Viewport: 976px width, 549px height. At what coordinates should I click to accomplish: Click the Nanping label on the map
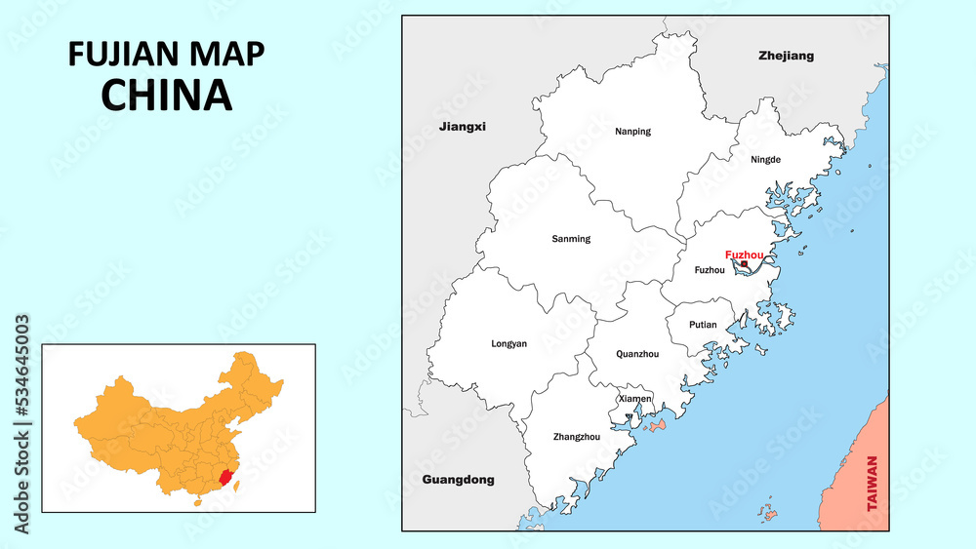pyautogui.click(x=632, y=131)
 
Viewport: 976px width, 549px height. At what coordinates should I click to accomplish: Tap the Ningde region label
pyautogui.click(x=766, y=159)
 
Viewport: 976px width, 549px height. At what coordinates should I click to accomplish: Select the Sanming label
pyautogui.click(x=571, y=239)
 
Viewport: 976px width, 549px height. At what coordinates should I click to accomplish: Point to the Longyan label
pyautogui.click(x=508, y=343)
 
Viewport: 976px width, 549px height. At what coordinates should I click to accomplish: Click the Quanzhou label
pyautogui.click(x=637, y=354)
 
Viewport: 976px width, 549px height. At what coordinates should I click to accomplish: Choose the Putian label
pyautogui.click(x=703, y=325)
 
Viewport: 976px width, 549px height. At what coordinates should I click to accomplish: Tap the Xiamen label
pyautogui.click(x=634, y=399)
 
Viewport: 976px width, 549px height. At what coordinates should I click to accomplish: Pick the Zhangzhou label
pyautogui.click(x=576, y=437)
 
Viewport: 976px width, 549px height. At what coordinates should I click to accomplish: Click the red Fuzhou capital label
pyautogui.click(x=745, y=255)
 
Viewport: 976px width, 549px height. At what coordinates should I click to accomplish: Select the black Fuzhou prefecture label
pyautogui.click(x=709, y=270)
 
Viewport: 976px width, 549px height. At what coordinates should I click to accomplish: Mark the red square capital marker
pyautogui.click(x=745, y=263)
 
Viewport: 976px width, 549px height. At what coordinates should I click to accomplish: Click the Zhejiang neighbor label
pyautogui.click(x=786, y=57)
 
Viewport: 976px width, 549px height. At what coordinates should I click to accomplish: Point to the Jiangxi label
pyautogui.click(x=462, y=127)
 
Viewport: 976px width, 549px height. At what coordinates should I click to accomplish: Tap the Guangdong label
pyautogui.click(x=458, y=480)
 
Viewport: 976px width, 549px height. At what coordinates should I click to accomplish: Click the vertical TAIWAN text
pyautogui.click(x=872, y=485)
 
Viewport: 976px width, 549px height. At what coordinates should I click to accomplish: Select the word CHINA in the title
pyautogui.click(x=167, y=95)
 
